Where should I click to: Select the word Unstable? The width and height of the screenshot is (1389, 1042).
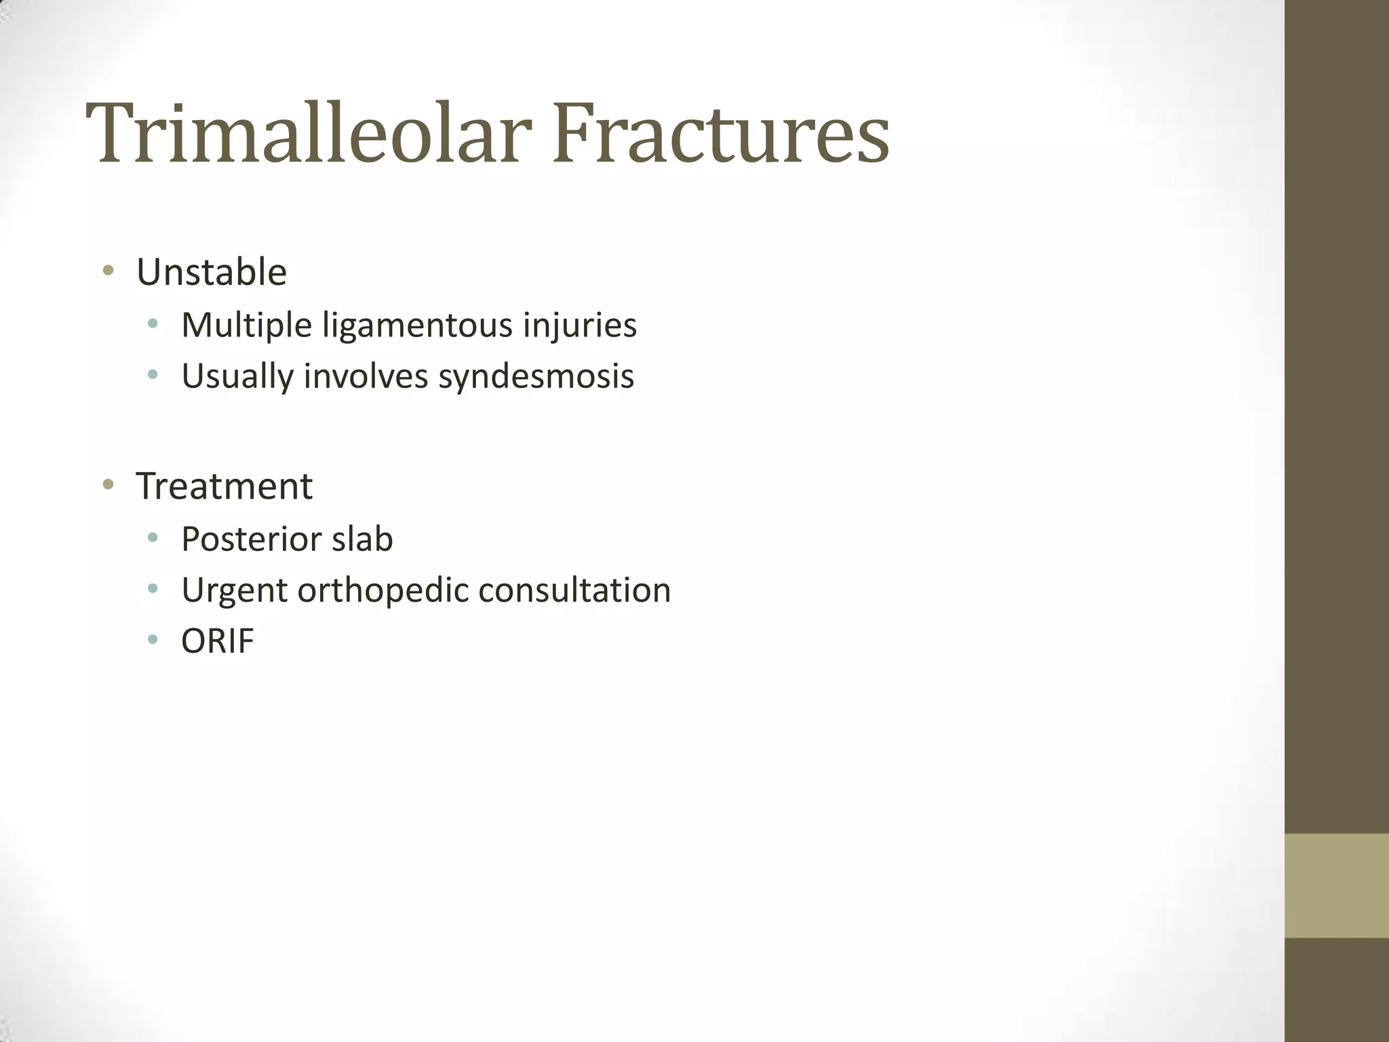point(212,273)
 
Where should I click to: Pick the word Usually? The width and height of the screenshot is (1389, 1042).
point(237,377)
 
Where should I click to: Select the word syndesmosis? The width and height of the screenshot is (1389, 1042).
point(536,377)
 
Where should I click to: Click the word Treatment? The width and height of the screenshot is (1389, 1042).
point(224,486)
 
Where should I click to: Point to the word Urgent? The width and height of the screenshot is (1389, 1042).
point(235,590)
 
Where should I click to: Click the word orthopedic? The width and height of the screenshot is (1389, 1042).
point(383,590)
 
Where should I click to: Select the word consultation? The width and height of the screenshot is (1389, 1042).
point(574,590)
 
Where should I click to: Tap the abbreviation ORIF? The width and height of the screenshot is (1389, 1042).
point(218,641)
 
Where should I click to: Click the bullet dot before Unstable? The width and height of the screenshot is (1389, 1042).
point(108,271)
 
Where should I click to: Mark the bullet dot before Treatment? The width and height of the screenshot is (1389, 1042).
point(108,484)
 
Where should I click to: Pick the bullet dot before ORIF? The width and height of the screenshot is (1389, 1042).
point(153,639)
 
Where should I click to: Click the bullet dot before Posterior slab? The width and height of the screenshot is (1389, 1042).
point(153,537)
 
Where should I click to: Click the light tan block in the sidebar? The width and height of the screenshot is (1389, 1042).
point(1337,885)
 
